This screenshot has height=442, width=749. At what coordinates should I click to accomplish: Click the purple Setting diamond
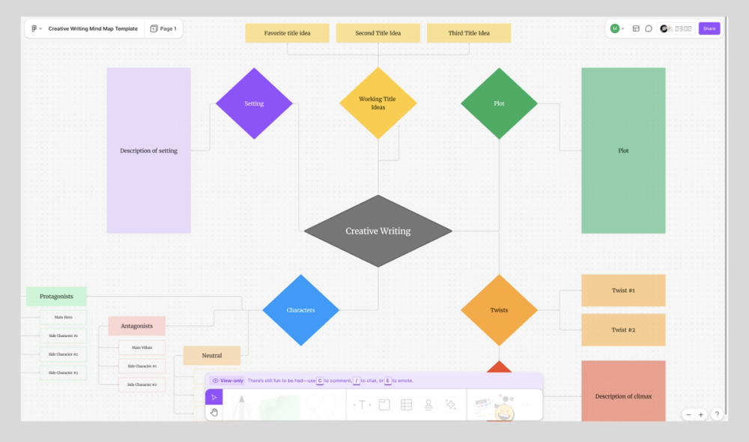tap(254, 103)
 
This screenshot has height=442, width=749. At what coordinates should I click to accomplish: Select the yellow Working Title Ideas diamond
tap(377, 103)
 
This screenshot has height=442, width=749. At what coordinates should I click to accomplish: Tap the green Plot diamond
tap(499, 103)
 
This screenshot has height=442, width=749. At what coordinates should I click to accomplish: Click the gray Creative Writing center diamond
tap(377, 231)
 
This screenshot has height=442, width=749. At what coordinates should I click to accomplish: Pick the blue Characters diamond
tap(300, 309)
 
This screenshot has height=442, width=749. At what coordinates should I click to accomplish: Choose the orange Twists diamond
tap(499, 309)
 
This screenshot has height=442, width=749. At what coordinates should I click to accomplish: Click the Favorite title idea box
tap(287, 33)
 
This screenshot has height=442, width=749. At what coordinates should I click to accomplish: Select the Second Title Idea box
tap(377, 33)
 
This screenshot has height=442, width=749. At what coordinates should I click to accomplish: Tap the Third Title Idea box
tap(469, 33)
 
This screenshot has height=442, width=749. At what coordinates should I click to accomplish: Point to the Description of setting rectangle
tap(148, 151)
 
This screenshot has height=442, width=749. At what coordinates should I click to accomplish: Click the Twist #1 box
tap(623, 290)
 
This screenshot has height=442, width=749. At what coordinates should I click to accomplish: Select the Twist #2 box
tap(623, 330)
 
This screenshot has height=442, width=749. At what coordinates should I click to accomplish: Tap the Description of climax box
tap(623, 396)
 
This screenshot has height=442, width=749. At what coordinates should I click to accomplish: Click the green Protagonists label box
tap(56, 296)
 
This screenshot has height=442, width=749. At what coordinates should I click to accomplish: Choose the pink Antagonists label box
tap(137, 326)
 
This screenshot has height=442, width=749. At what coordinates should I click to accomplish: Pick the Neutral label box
tap(212, 355)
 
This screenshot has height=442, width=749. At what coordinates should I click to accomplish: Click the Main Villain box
tap(142, 348)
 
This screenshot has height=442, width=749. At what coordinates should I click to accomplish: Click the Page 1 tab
tap(163, 28)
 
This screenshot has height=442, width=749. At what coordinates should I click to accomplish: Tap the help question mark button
tap(717, 414)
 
